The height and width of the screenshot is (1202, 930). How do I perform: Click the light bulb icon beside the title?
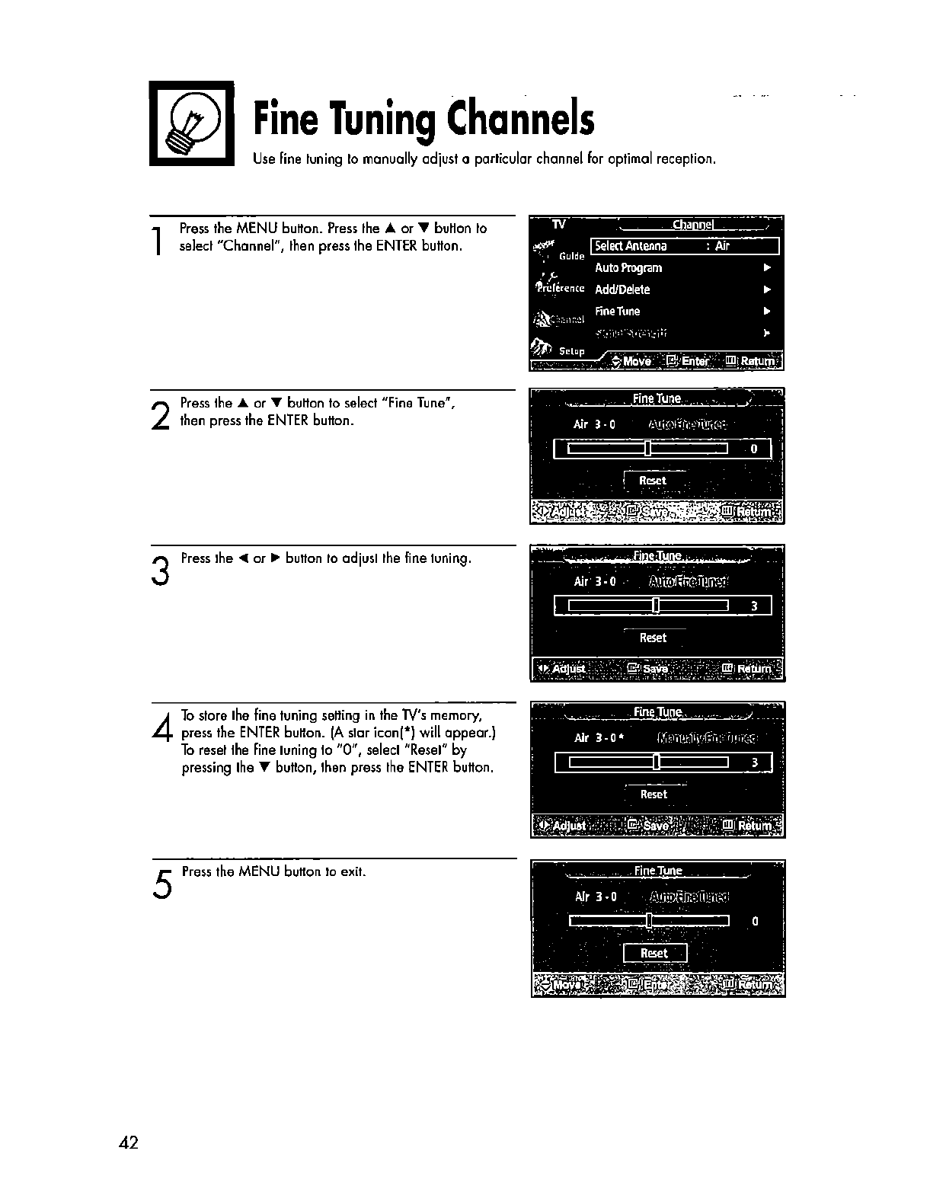coord(191,123)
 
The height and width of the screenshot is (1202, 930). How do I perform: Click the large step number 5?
coord(161,884)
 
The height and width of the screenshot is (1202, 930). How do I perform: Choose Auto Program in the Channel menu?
coord(628,268)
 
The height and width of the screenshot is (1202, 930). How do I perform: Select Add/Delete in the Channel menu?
coord(622,289)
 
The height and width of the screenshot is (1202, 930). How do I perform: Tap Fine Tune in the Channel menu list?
coord(618,311)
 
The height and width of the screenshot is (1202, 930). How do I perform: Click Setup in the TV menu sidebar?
coord(571,351)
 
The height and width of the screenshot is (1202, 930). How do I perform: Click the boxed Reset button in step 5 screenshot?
coord(654,953)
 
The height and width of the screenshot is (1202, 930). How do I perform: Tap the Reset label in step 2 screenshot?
coord(653,481)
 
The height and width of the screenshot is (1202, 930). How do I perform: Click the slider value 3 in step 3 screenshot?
coord(754,606)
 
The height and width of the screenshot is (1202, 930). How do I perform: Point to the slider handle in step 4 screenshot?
coord(656,762)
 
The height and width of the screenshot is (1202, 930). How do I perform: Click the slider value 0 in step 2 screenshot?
coord(754,449)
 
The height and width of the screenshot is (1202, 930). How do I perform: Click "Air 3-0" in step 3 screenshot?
coord(594,582)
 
